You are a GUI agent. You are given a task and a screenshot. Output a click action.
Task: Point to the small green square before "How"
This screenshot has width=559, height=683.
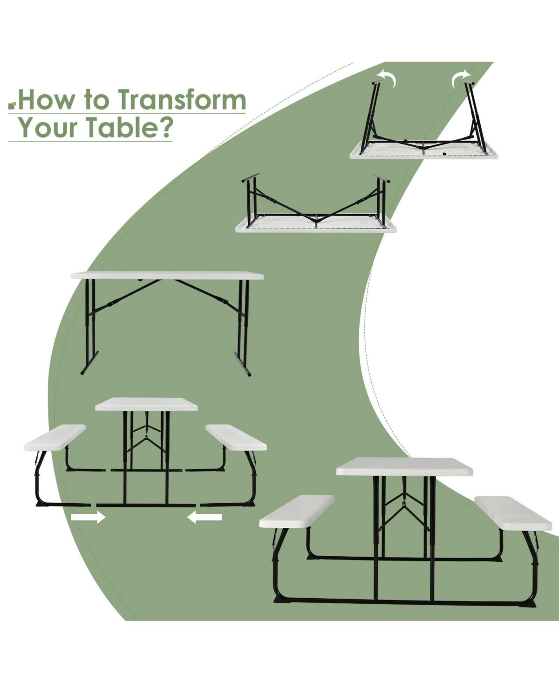12,105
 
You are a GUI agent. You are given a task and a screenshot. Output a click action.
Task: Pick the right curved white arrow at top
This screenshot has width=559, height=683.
460,78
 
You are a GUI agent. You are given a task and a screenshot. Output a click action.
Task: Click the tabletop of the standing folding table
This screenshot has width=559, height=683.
167,276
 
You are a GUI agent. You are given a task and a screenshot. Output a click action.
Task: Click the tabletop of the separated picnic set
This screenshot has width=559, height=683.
146,404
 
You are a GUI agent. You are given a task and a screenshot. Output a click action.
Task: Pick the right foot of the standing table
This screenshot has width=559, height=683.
243,364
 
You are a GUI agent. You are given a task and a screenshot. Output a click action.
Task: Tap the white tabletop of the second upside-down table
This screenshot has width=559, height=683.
316,225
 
